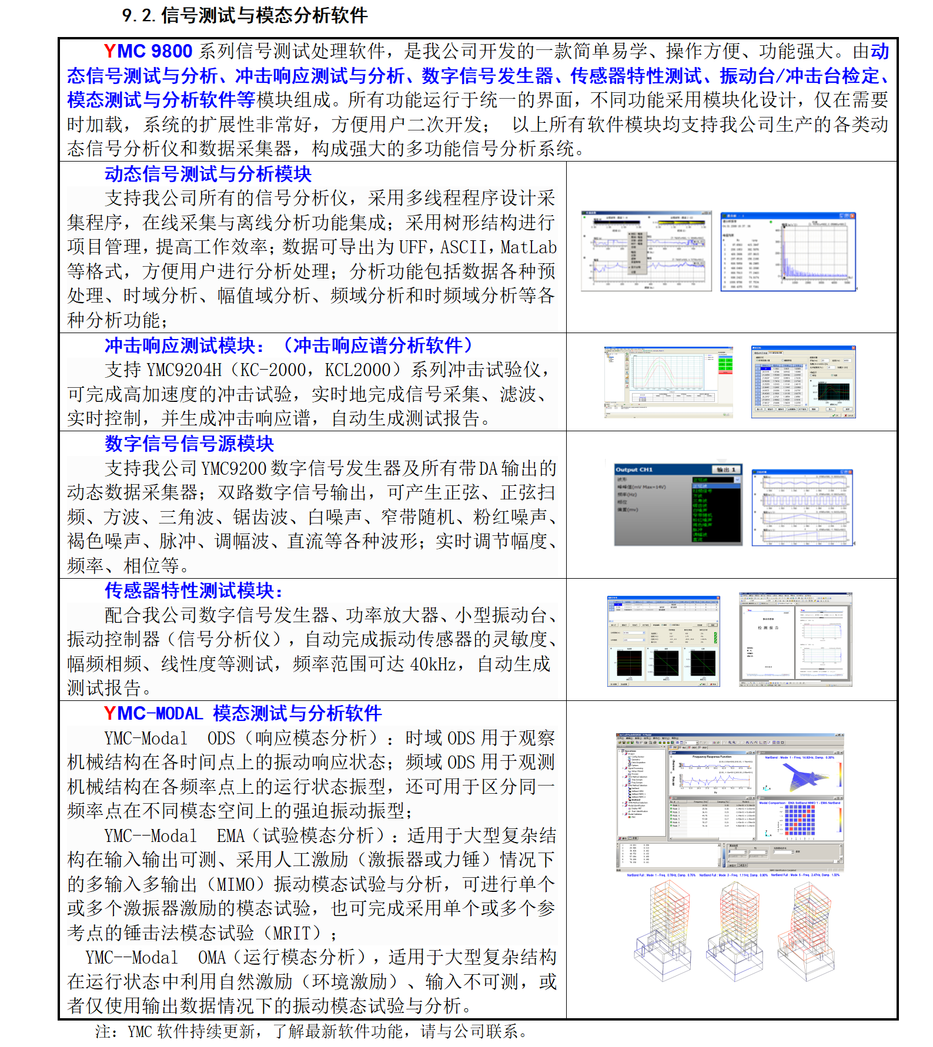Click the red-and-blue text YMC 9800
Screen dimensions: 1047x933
[x=148, y=51]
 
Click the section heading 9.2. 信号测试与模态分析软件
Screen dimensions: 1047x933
[x=245, y=15]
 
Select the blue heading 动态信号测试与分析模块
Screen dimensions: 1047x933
[x=208, y=174]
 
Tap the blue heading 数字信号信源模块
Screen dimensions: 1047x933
[x=189, y=444]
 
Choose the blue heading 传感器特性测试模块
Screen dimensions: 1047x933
[x=193, y=590]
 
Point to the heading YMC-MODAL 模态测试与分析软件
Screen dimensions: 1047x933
[x=242, y=713]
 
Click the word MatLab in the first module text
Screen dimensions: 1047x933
[x=529, y=247]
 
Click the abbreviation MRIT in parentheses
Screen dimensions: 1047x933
[x=297, y=933]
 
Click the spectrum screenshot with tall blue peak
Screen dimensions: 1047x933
[x=788, y=251]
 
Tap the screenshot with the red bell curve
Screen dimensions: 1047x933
[x=668, y=382]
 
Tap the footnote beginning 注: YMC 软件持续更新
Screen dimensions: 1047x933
[x=312, y=1031]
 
